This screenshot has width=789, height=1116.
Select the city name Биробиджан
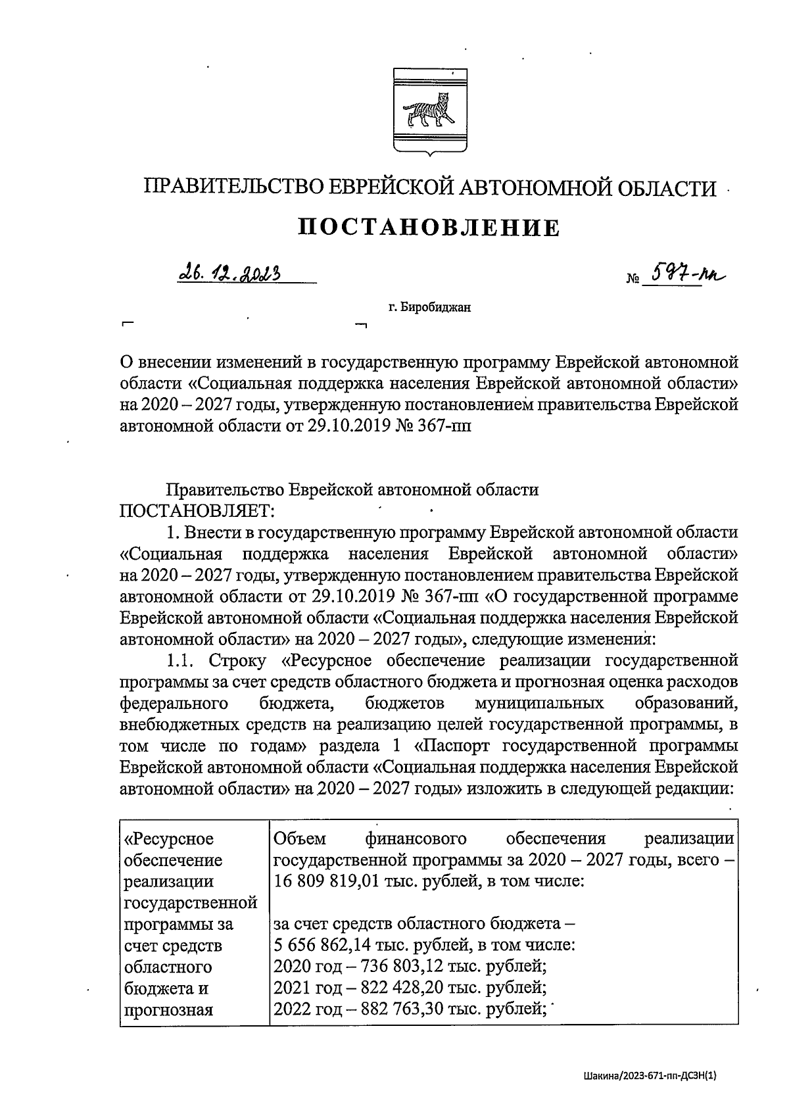[x=435, y=307]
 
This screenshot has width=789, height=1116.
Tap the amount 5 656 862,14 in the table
[x=321, y=945]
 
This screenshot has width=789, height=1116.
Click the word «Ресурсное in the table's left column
[x=169, y=838]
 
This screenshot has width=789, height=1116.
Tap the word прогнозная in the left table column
[x=168, y=1009]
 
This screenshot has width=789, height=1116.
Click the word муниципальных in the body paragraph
[x=539, y=703]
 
